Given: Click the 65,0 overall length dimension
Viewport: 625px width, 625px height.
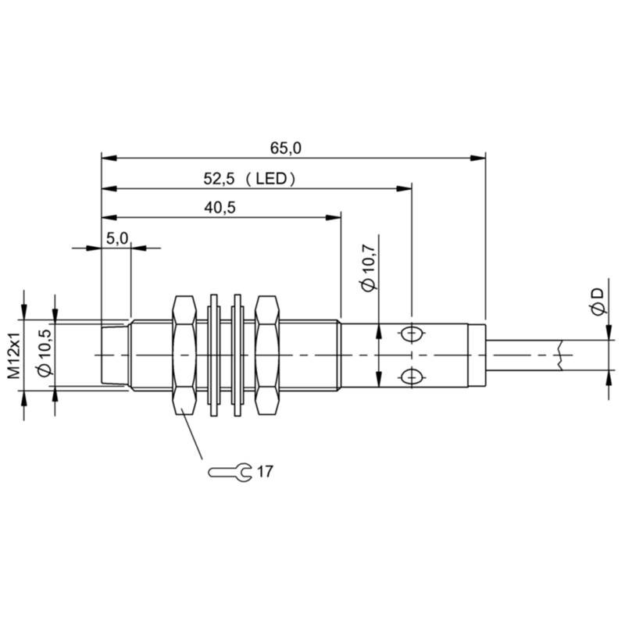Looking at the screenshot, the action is (286, 148).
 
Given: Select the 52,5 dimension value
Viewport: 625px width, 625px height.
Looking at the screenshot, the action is (219, 179).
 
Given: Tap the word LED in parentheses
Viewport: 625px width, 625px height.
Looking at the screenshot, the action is (271, 179).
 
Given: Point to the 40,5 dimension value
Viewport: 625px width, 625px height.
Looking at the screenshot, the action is (220, 208).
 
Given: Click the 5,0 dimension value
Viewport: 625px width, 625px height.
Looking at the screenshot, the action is (117, 238).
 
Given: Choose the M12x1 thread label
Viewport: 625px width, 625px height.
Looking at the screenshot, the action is (14, 355).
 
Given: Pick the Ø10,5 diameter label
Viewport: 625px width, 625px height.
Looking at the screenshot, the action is (45, 353).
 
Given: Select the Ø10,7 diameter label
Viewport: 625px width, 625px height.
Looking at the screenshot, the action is (368, 268).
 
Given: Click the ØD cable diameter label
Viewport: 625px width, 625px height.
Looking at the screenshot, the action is (598, 302).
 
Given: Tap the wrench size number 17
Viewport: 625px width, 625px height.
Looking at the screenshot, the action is (265, 472).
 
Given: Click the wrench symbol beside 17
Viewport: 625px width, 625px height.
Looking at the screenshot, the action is (230, 473).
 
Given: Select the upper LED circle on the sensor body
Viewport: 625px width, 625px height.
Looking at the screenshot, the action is (412, 334).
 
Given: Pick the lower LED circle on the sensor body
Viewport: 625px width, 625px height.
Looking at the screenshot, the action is (412, 377).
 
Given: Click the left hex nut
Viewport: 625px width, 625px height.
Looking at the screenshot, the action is (184, 355).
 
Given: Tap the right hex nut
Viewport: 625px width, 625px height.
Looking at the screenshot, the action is (267, 355).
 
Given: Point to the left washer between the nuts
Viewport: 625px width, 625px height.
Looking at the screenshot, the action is (213, 355).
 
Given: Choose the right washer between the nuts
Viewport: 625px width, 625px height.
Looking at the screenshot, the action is (237, 355).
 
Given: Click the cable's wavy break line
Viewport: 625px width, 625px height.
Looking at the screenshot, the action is (561, 355).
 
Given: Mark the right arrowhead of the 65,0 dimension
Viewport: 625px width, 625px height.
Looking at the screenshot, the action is (478, 158).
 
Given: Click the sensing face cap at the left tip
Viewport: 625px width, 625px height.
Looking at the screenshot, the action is (115, 355).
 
